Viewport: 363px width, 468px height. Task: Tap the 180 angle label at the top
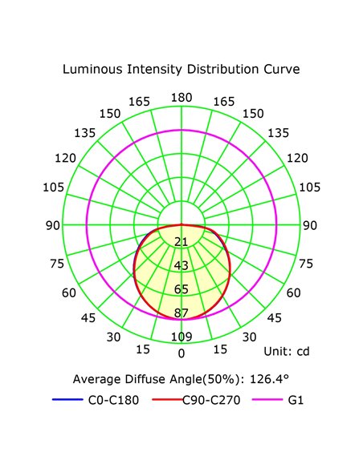(181, 98)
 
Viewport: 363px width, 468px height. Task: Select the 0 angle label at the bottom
(181, 353)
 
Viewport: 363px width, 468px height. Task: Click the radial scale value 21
(181, 241)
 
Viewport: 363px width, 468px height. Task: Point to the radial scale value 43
(181, 265)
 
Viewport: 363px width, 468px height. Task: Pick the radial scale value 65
(181, 289)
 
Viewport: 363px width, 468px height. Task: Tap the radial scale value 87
(181, 313)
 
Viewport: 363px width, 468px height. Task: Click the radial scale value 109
(181, 337)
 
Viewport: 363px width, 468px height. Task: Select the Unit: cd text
(287, 351)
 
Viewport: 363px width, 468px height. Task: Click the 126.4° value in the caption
(269, 379)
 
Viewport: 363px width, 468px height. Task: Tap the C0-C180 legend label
(113, 400)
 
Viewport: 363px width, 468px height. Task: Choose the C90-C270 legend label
(211, 400)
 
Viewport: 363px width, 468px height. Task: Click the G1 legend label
(296, 400)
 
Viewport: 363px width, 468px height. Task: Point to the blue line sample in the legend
(67, 399)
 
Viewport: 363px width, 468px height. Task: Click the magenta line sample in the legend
(267, 399)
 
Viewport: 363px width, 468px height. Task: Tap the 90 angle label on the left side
(53, 225)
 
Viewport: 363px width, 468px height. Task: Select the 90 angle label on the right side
(310, 225)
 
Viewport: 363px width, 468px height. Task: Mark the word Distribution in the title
(222, 69)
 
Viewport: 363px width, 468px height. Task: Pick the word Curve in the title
(282, 69)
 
